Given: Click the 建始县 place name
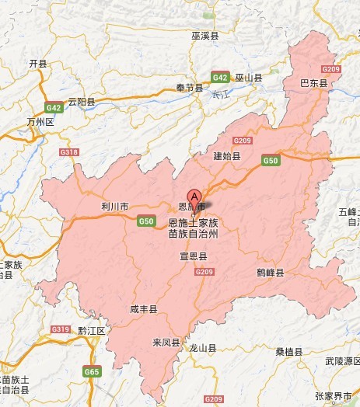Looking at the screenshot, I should click(x=228, y=156).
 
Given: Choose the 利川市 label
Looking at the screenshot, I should click(x=114, y=207).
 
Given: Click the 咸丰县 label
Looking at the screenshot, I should click(x=144, y=309).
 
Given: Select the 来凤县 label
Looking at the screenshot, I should click(x=166, y=343).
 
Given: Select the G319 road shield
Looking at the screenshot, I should click(x=61, y=330).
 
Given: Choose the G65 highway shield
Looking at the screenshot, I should click(x=93, y=373).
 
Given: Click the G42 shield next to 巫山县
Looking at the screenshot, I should click(x=220, y=78).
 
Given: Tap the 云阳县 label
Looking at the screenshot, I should click(x=82, y=102).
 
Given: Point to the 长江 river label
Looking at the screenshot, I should click(x=219, y=95).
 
